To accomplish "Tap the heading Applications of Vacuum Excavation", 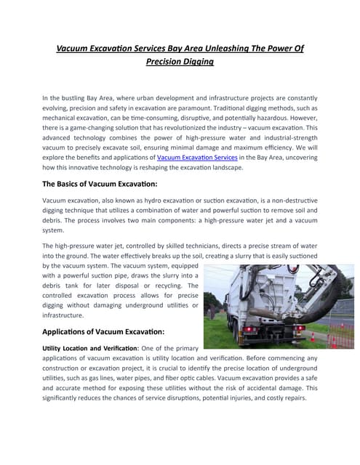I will [104, 331].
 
